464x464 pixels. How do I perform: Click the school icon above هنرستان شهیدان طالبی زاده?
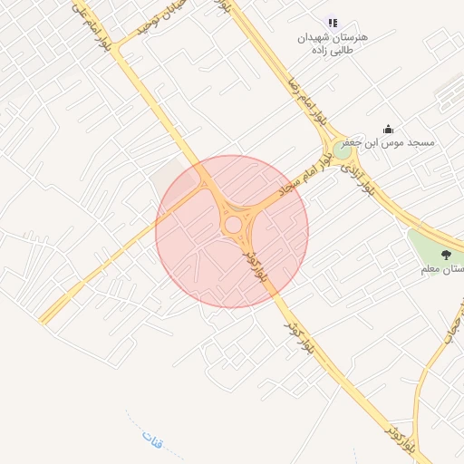click(x=333, y=23)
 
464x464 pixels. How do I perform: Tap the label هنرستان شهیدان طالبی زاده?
click(x=333, y=45)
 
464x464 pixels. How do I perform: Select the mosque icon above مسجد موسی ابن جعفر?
click(x=389, y=129)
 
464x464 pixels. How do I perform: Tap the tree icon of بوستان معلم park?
click(x=445, y=255)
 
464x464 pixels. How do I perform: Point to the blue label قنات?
click(x=152, y=440)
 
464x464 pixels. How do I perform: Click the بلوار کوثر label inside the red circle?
click(x=256, y=264)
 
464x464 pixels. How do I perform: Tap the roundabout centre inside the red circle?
click(x=233, y=224)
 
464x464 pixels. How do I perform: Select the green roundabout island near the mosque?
click(x=343, y=150)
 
